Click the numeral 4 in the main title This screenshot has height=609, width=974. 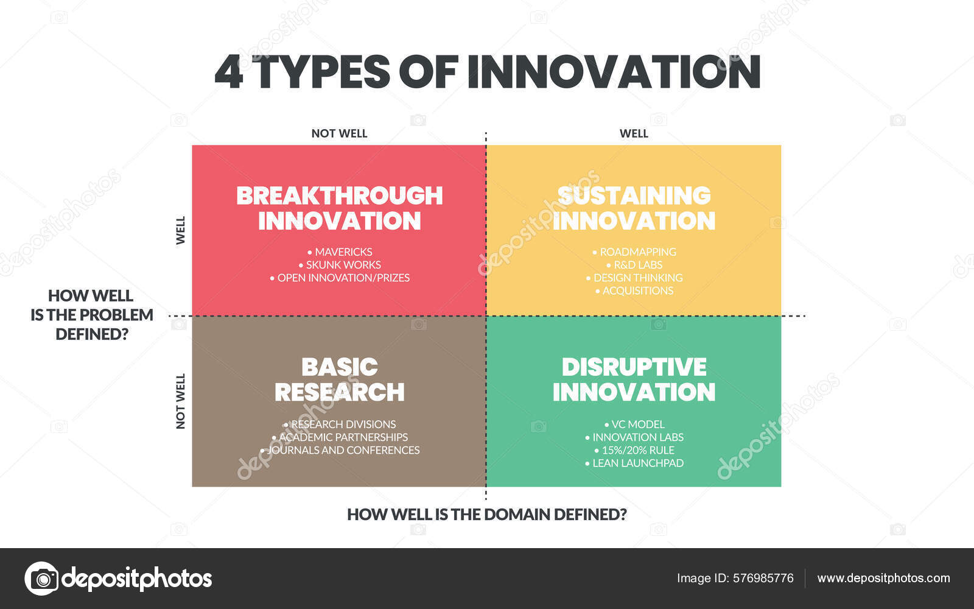tap(229, 72)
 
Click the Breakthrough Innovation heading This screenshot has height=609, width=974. tap(339, 208)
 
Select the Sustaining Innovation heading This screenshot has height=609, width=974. tap(634, 208)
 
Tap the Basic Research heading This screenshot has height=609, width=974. tap(339, 380)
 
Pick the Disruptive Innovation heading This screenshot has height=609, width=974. tap(634, 380)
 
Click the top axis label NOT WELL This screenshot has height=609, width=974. tap(339, 133)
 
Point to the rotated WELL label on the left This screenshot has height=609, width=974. tap(181, 230)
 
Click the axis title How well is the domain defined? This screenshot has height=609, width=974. tap(486, 515)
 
